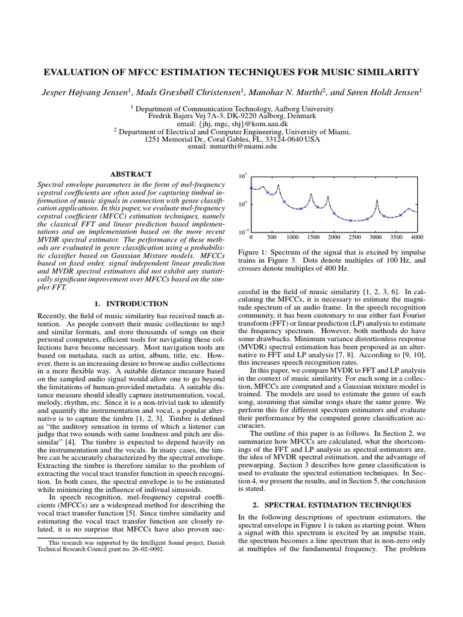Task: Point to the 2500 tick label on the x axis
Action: pos(354,237)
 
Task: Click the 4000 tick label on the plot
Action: pos(417,237)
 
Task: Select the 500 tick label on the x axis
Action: pos(271,237)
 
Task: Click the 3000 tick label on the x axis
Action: pos(376,237)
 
